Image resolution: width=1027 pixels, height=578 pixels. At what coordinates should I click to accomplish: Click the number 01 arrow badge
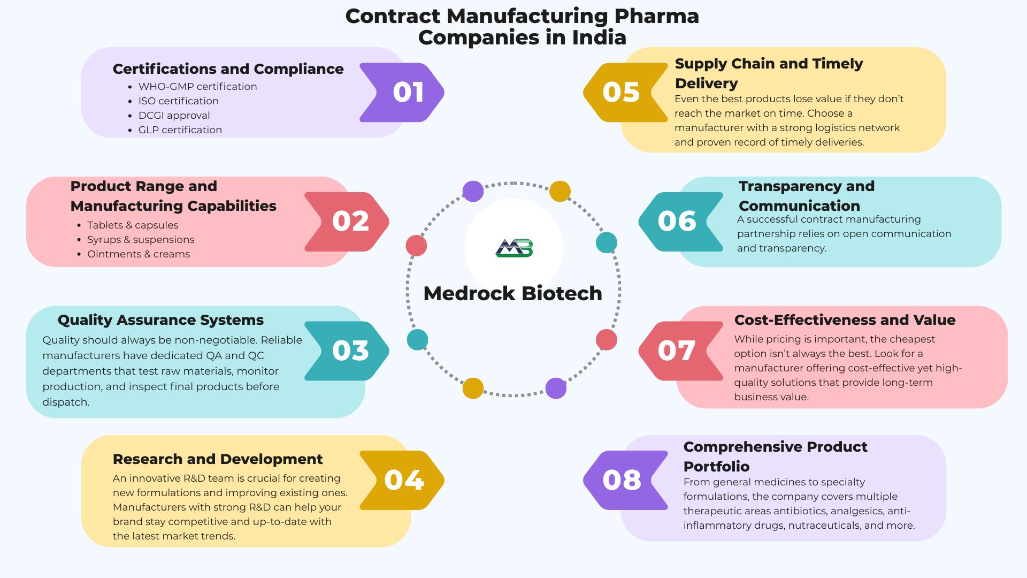pos(404,93)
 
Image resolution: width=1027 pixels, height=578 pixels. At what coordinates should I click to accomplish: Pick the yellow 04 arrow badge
pos(404,480)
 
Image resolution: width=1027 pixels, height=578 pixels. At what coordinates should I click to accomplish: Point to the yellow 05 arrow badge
pos(623,93)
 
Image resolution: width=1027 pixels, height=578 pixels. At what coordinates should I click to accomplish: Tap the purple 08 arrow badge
pos(623,480)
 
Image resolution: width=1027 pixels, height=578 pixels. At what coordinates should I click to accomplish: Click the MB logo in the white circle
pos(514,248)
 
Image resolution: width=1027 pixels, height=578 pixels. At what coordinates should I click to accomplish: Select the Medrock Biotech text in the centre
pos(512,293)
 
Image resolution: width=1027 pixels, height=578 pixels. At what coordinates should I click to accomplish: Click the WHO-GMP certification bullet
pos(197,87)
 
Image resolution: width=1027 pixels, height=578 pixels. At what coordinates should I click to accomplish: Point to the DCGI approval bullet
pos(174,116)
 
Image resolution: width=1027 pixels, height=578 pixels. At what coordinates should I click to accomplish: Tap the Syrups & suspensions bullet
pos(141,240)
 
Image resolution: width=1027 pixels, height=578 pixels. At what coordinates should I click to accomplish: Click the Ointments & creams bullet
pos(139,254)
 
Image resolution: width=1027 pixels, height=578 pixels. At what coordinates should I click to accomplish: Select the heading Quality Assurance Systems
pos(160,320)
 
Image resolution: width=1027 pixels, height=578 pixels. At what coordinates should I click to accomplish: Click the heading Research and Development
pos(218,459)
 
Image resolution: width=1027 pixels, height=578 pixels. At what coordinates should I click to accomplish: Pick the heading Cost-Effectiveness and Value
pos(845,320)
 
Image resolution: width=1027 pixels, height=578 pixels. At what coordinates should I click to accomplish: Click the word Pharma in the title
pos(656,16)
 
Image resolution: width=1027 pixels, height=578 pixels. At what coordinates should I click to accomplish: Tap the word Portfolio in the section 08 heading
pos(716,466)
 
